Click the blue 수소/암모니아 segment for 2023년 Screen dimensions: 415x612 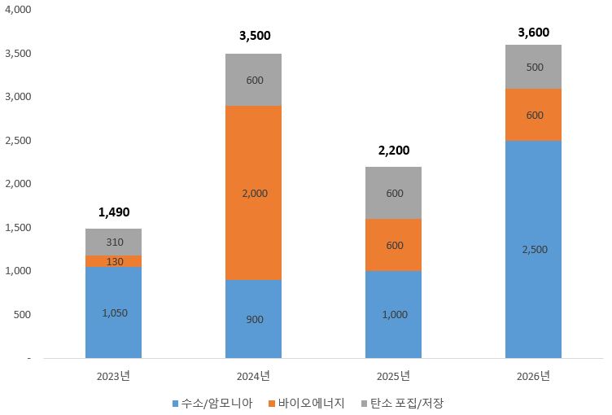coord(113,312)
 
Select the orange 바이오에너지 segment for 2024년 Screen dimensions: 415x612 coord(253,193)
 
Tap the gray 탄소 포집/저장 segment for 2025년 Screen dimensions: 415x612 coord(393,193)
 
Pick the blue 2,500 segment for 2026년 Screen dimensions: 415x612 coord(533,249)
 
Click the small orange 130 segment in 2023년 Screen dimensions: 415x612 coord(113,261)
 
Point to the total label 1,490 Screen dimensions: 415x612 coord(113,212)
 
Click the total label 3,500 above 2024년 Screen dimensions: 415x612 coord(255,36)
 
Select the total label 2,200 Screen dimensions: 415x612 coord(393,151)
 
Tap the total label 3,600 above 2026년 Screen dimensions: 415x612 coord(534,33)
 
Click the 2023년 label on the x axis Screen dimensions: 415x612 coord(113,376)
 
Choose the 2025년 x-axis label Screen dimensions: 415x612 coord(393,376)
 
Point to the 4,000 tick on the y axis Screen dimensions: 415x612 coord(18,10)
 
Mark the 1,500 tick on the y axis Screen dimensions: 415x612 coord(18,227)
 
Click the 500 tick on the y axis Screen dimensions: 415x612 coord(22,314)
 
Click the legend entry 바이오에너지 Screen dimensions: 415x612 coord(306,403)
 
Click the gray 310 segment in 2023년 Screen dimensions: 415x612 coord(113,242)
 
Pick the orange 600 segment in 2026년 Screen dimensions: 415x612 coord(533,115)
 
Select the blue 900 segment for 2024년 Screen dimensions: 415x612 coord(253,319)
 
